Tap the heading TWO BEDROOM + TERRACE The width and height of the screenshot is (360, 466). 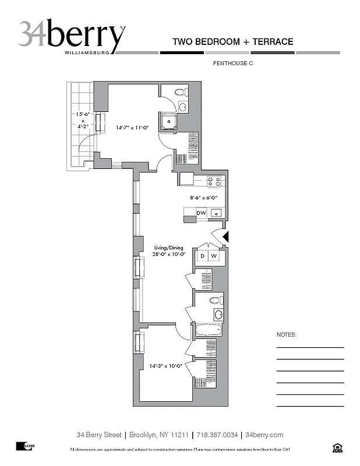[x=232, y=42]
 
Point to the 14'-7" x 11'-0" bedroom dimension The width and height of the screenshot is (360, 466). [x=125, y=127]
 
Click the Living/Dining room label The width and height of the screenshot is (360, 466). [x=169, y=250]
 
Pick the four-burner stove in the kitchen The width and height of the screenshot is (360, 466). [x=214, y=182]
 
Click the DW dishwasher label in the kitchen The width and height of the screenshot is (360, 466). [x=201, y=214]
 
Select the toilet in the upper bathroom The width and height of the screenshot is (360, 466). [x=181, y=93]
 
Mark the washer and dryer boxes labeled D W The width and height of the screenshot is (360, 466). [x=208, y=256]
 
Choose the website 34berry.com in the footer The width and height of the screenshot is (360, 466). [x=264, y=435]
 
